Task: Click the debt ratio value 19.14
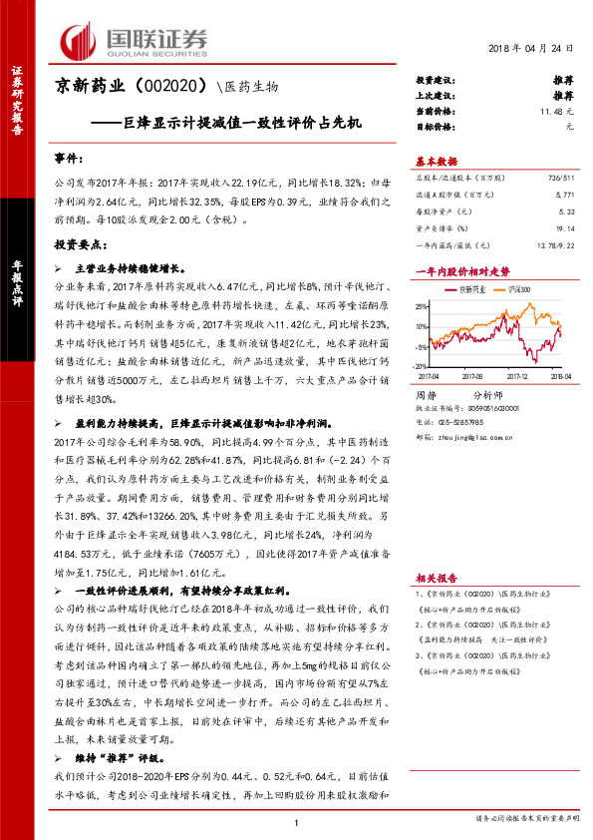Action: (x=565, y=227)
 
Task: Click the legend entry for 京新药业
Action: (x=472, y=288)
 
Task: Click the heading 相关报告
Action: (x=436, y=578)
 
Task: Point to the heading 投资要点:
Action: (x=79, y=243)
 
